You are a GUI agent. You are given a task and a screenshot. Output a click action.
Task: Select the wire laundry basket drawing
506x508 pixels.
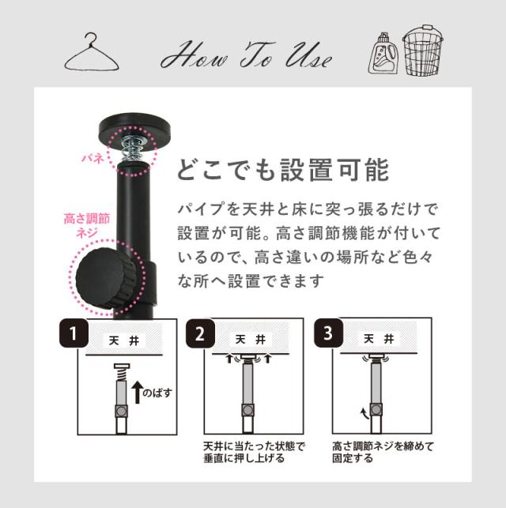(423, 51)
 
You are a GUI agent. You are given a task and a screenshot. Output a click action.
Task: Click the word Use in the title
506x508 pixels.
(308, 56)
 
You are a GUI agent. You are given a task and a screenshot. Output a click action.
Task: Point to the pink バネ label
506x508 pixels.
(93, 158)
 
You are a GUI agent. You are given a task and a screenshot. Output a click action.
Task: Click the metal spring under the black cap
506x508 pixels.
(133, 148)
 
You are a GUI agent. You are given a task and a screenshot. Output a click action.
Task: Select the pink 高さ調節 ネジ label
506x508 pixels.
(87, 225)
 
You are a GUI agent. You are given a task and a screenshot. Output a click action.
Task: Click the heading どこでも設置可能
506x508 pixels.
(283, 170)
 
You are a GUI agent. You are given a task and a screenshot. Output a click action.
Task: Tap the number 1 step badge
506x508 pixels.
(74, 333)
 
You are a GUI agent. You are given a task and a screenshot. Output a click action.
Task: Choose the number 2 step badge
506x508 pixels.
(200, 333)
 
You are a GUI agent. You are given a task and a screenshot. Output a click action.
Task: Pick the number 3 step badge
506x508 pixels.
(328, 333)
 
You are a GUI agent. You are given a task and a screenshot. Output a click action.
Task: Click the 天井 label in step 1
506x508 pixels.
(124, 341)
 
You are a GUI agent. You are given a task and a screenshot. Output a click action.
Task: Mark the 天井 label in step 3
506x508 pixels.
(379, 339)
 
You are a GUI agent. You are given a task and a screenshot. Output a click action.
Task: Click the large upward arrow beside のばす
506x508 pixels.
(138, 392)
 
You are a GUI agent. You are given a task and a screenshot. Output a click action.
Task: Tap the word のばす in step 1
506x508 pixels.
(157, 393)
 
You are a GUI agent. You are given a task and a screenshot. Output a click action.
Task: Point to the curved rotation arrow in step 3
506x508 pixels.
(364, 413)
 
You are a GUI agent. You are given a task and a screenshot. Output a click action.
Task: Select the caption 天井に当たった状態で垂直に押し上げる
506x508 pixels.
(254, 452)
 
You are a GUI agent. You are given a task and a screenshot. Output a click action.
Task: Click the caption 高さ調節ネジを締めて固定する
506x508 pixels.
(383, 452)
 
